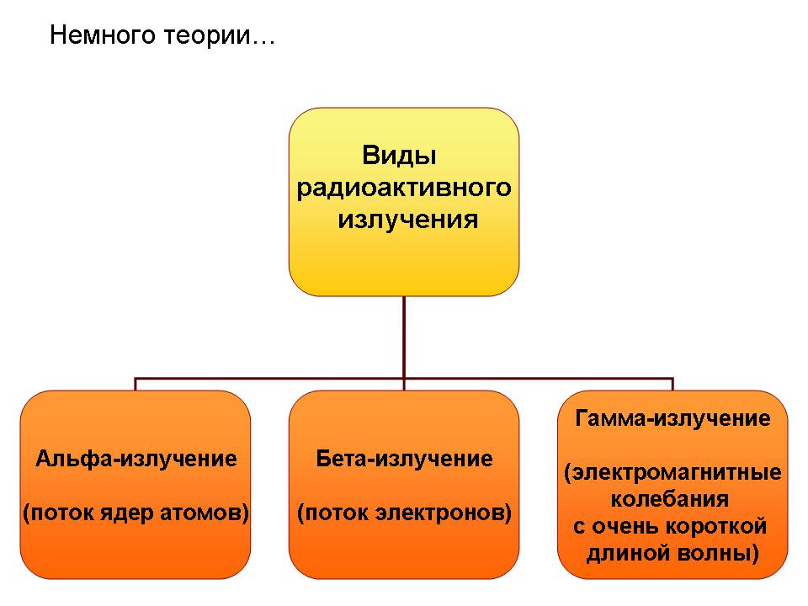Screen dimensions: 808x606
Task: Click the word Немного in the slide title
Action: pos(102,35)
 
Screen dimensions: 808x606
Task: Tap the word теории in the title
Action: pos(207,36)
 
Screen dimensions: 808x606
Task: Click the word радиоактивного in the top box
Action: pos(404,188)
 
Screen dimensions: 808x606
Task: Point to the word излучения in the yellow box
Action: pos(408,220)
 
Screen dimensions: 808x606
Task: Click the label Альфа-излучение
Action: pos(136,459)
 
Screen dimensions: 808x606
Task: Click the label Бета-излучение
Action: pos(404,459)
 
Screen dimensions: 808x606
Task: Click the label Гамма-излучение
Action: pos(673,418)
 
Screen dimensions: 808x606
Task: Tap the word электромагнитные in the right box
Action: pos(677,472)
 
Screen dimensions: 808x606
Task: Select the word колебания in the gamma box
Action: pos(670,499)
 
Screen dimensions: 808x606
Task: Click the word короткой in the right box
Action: pos(717,527)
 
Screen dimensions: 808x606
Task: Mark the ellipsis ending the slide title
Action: pos(263,42)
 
